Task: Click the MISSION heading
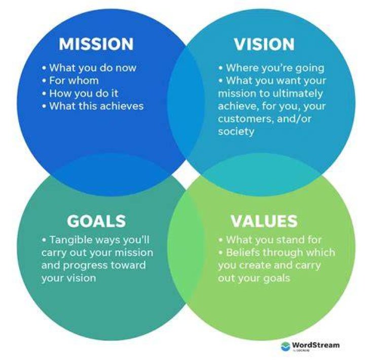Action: pos(96,44)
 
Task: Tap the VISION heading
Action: pos(264,44)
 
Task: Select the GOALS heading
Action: pos(96,221)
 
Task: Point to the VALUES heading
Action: pos(264,221)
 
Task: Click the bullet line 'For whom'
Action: pos(70,81)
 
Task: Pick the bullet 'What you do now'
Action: pos(89,68)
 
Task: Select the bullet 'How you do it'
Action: pos(80,93)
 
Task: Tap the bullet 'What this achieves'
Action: pos(93,106)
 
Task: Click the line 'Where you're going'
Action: pos(271,68)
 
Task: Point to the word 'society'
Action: pos(236,132)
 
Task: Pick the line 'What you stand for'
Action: pos(270,240)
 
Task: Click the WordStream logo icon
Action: pos(285,346)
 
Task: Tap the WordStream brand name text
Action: pos(316,345)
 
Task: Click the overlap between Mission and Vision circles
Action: pos(186,103)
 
